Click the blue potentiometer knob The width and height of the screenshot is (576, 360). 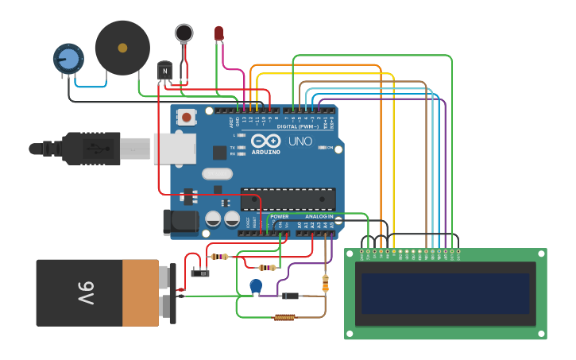pyautogui.click(x=68, y=59)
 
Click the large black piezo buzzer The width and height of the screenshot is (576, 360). pyautogui.click(x=122, y=48)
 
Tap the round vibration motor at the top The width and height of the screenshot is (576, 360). pyautogui.click(x=184, y=33)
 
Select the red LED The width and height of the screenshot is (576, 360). pyautogui.click(x=218, y=33)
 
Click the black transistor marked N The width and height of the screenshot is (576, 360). pyautogui.click(x=164, y=71)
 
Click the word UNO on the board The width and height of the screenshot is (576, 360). pyautogui.click(x=300, y=141)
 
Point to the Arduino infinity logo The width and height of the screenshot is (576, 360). pyautogui.click(x=265, y=141)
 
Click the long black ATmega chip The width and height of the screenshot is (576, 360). pyautogui.click(x=288, y=199)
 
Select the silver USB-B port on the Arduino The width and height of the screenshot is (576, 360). pyautogui.click(x=174, y=149)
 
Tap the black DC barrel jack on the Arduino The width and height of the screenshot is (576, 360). pyautogui.click(x=180, y=222)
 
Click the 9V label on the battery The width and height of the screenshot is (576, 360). pyautogui.click(x=85, y=292)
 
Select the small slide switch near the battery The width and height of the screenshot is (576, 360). pyautogui.click(x=201, y=273)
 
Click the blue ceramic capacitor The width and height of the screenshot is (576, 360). pyautogui.click(x=256, y=285)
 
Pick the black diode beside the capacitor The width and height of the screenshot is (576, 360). pyautogui.click(x=290, y=296)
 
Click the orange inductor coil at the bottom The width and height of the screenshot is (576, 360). pyautogui.click(x=284, y=317)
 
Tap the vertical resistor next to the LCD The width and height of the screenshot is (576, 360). pyautogui.click(x=325, y=283)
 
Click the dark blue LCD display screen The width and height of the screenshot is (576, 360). pyautogui.click(x=445, y=293)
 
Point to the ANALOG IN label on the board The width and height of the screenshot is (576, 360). pyautogui.click(x=319, y=216)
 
